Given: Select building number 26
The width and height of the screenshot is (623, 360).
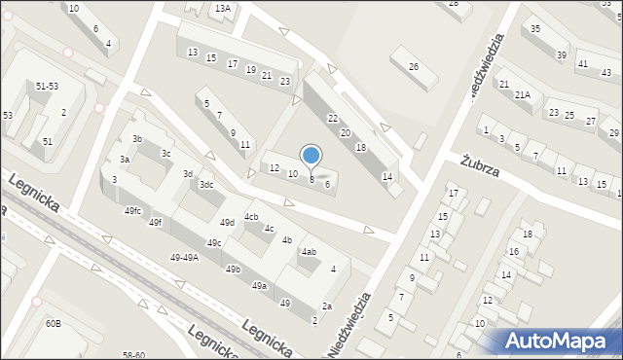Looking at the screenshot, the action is tap(414, 66).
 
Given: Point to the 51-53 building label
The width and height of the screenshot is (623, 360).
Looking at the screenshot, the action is tap(47, 87).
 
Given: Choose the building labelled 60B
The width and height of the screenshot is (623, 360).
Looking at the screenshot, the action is tap(52, 323).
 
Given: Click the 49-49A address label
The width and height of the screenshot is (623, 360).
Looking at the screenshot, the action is tap(184, 258).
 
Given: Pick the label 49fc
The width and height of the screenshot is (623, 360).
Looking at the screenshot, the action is tap(133, 211).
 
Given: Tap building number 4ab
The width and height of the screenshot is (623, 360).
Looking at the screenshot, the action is tap(309, 252).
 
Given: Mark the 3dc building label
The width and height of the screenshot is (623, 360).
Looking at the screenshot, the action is tap(206, 185).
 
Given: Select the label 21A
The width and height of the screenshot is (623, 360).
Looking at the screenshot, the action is tap(523, 94).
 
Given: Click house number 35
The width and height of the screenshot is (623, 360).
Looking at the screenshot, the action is tap(535, 29).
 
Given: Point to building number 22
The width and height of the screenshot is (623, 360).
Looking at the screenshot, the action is tap(332, 118).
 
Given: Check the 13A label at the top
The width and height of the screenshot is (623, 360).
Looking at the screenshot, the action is tap(223, 8).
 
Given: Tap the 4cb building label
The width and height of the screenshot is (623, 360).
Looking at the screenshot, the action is tap(251, 216).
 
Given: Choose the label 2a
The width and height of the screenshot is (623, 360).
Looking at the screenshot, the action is tap(328, 306).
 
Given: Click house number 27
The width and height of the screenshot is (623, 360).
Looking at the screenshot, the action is tap(595, 118).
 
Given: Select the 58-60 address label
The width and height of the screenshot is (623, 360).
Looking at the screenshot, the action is tap(133, 355).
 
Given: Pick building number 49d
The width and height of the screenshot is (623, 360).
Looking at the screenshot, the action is tap(227, 223).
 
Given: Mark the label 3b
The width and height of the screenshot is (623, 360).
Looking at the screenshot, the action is tap(137, 139).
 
